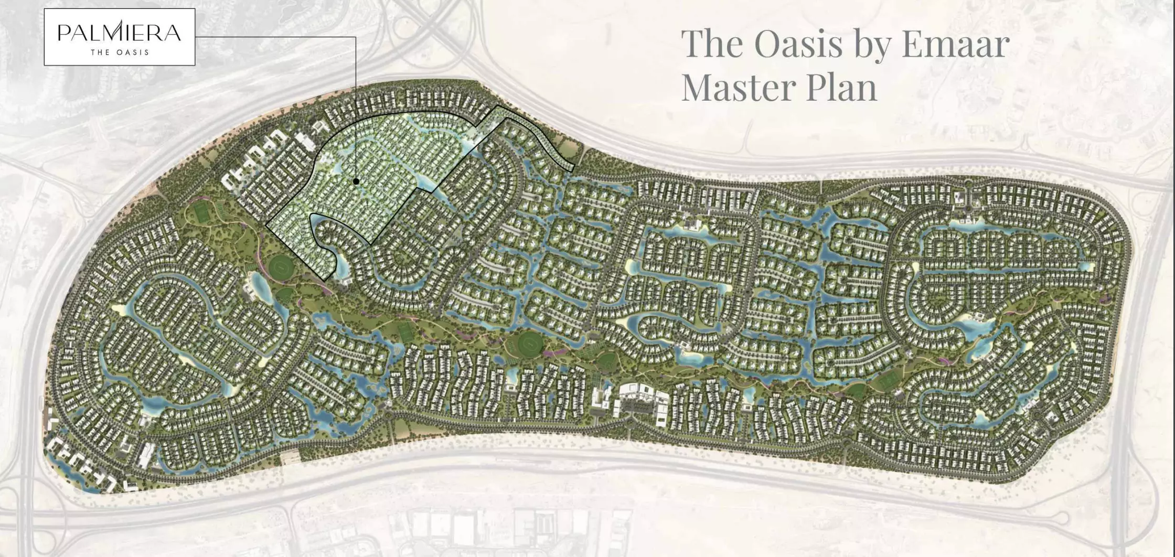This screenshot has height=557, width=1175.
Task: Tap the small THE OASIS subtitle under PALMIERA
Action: pos(120,52)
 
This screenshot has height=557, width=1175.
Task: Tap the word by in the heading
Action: pos(873,44)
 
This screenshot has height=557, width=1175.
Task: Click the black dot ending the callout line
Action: pos(356,181)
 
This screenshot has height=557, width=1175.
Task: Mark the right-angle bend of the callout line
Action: pos(356,37)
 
